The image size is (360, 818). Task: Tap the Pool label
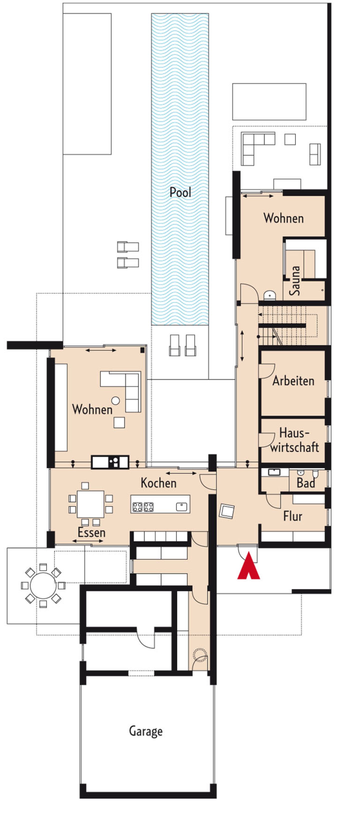point(180,192)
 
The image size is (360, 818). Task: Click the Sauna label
point(294,281)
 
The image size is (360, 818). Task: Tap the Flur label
point(292,516)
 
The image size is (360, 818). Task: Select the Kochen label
point(158,483)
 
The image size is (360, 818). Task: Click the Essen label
point(91,532)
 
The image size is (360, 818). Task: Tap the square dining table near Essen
point(90,504)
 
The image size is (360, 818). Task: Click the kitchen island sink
point(181,506)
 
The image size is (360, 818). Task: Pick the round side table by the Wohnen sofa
point(115,401)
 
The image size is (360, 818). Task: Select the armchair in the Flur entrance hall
point(227,511)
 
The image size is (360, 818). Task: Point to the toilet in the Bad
point(315,474)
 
